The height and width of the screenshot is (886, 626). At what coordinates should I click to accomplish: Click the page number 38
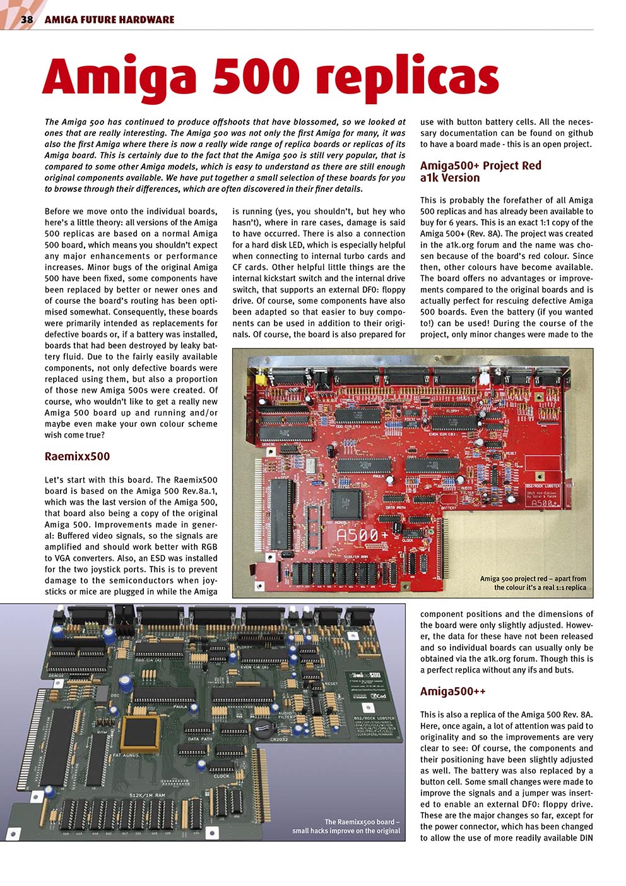pos(27,20)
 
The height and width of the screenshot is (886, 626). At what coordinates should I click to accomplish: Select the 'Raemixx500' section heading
pos(77,456)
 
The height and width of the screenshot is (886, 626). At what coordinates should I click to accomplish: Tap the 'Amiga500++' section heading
pos(452,691)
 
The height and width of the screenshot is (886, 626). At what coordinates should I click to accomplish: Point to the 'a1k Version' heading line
pos(449,177)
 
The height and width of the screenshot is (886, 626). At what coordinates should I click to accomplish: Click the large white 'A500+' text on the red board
pos(357,536)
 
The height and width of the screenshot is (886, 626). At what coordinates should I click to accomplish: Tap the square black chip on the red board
pos(347,503)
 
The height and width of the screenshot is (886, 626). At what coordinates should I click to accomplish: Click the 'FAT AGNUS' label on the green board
pos(126,755)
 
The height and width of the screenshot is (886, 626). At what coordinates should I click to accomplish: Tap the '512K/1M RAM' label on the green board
pos(146,795)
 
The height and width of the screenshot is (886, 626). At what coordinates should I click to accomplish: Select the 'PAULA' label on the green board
pos(181,707)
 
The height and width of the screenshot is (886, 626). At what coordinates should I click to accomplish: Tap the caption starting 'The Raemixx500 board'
pos(362,822)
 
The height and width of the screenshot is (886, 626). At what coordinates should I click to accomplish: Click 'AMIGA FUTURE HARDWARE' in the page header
pos(109,20)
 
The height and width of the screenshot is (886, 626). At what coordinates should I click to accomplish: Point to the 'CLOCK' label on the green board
pos(221,775)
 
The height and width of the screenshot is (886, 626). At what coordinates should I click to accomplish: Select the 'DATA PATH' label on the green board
pos(201,738)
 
